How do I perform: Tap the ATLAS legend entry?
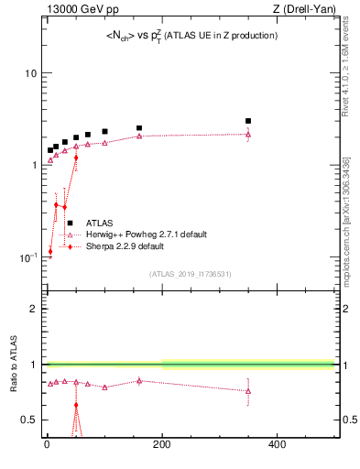point(100,223)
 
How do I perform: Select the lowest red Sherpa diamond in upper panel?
point(50,251)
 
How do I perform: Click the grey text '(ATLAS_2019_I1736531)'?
point(191,274)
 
